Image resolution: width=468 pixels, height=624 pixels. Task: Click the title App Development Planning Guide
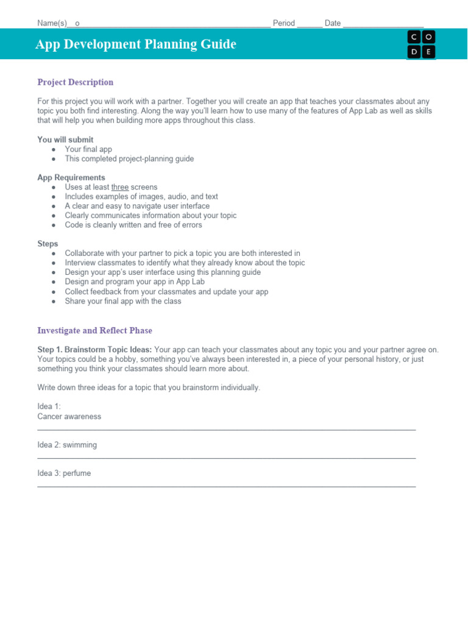click(136, 44)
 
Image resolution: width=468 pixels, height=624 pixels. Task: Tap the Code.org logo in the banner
click(421, 44)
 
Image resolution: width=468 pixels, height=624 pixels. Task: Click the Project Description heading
click(76, 82)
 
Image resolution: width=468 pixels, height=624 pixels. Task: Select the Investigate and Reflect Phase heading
click(94, 331)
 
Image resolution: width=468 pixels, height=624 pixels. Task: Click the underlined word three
click(120, 187)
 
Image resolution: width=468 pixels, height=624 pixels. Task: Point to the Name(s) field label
click(52, 23)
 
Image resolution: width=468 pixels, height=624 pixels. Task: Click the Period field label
click(283, 23)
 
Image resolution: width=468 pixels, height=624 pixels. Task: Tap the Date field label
click(333, 23)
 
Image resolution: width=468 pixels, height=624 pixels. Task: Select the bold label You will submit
click(65, 140)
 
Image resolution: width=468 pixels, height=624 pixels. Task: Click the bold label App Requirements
click(71, 178)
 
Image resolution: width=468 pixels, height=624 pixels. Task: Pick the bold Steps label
click(48, 244)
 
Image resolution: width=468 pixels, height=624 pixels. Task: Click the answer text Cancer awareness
click(69, 417)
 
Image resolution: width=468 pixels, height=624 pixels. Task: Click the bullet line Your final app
click(88, 149)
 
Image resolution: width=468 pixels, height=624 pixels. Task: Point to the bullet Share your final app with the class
click(123, 301)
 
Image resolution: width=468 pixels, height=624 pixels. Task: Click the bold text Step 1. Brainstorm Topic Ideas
click(95, 350)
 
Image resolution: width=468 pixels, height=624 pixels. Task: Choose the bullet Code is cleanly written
click(133, 225)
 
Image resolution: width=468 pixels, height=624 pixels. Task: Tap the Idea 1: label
click(49, 406)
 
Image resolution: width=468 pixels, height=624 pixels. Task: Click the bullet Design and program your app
click(135, 282)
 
